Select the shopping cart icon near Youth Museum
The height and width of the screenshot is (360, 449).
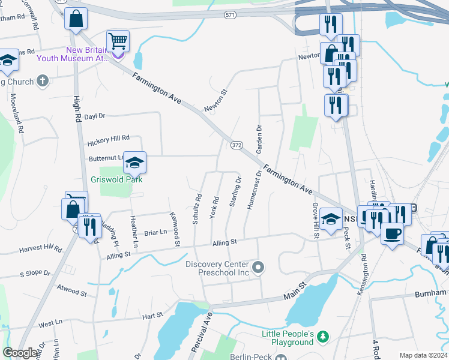coord(118,41)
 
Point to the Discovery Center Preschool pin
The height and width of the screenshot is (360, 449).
coord(259,268)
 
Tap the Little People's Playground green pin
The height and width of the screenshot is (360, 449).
coord(324,335)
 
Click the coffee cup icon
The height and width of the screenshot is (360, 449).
coord(392,233)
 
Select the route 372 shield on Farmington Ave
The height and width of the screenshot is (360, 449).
coord(235,145)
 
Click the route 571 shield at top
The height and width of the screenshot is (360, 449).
coord(229,14)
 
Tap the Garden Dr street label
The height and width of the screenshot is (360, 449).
coord(260,140)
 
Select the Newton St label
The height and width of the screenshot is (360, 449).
coord(217,100)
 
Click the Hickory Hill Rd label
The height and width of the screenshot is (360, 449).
coord(109,141)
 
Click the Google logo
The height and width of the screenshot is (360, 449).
coord(20,353)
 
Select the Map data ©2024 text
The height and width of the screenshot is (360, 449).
coord(423,355)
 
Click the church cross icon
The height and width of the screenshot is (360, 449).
coord(42,80)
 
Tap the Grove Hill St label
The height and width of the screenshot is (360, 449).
coord(315,220)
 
